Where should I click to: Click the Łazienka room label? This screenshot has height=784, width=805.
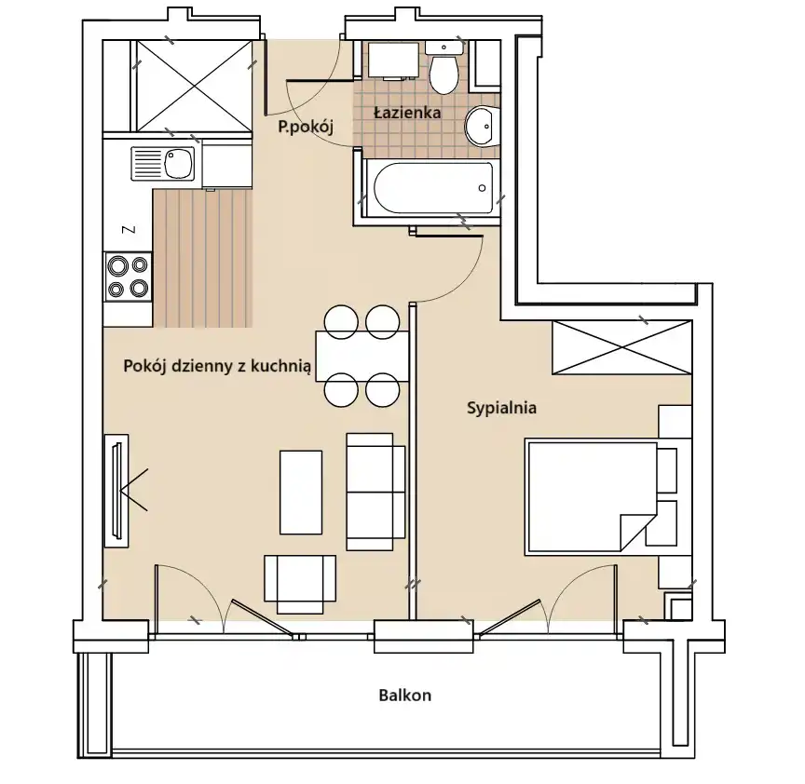[x=407, y=113]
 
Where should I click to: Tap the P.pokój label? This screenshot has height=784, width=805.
[x=306, y=127]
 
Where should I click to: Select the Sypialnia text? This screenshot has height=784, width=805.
[x=501, y=408]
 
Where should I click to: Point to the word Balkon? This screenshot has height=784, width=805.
[x=405, y=696]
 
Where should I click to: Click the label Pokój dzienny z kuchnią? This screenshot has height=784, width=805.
[x=217, y=366]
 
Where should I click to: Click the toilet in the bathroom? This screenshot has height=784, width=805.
[x=444, y=69]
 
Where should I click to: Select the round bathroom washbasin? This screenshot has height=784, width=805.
[x=482, y=127]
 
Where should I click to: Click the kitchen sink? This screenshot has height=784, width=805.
[x=163, y=164]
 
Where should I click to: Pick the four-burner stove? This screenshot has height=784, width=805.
[x=129, y=277]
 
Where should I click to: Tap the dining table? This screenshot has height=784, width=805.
[x=362, y=357]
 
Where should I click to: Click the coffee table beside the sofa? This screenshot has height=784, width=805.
[x=301, y=493]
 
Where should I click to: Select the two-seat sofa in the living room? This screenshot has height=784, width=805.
[x=376, y=492]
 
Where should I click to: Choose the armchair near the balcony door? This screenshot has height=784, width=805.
[x=300, y=585]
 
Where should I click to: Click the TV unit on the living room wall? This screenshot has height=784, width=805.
[x=116, y=491]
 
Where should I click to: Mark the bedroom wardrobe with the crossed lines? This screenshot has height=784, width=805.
[x=622, y=347]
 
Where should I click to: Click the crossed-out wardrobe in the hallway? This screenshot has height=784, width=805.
[x=194, y=87]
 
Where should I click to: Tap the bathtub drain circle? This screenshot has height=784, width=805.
[x=482, y=188]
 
